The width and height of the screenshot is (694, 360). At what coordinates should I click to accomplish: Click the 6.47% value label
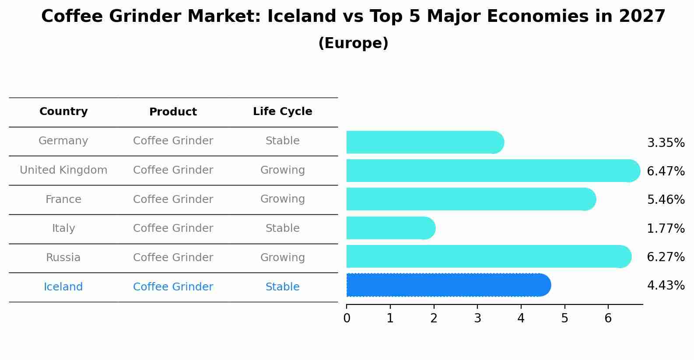pyautogui.click(x=666, y=171)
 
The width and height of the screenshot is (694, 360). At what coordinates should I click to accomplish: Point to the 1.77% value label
pyautogui.click(x=666, y=228)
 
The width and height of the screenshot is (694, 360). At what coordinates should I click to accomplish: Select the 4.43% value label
pyautogui.click(x=666, y=286)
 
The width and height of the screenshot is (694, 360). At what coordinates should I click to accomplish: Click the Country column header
pyautogui.click(x=63, y=112)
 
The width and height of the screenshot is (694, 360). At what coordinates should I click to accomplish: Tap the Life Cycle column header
pyautogui.click(x=282, y=112)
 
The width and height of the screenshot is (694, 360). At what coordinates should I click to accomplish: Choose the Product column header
pyautogui.click(x=173, y=112)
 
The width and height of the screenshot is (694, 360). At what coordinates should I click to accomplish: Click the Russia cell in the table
pyautogui.click(x=63, y=258)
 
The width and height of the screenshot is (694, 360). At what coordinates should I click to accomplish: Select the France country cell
pyautogui.click(x=63, y=199)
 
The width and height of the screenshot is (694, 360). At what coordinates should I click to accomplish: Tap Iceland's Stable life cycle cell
pyautogui.click(x=282, y=287)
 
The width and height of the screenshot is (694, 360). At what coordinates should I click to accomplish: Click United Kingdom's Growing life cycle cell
pyautogui.click(x=282, y=170)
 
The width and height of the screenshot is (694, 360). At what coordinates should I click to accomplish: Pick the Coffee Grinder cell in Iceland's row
pyautogui.click(x=173, y=287)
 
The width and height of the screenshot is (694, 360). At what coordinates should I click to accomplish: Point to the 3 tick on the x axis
pyautogui.click(x=477, y=318)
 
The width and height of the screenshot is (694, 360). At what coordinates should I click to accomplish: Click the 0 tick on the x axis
pyautogui.click(x=347, y=318)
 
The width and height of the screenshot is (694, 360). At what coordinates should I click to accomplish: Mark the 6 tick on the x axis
pyautogui.click(x=608, y=318)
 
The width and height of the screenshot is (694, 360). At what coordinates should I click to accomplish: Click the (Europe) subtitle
pyautogui.click(x=353, y=43)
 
